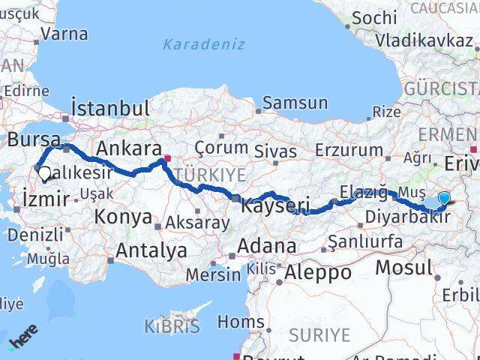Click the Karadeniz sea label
pyautogui.click(x=204, y=44)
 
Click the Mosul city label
pyautogui.click(x=404, y=268)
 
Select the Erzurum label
pyautogui.click(x=349, y=150)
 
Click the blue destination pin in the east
pyautogui.click(x=444, y=198)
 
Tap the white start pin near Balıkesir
pyautogui.click(x=44, y=174)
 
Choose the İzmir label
pyautogui.click(x=46, y=199)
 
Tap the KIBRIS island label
pyautogui.click(x=173, y=326)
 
